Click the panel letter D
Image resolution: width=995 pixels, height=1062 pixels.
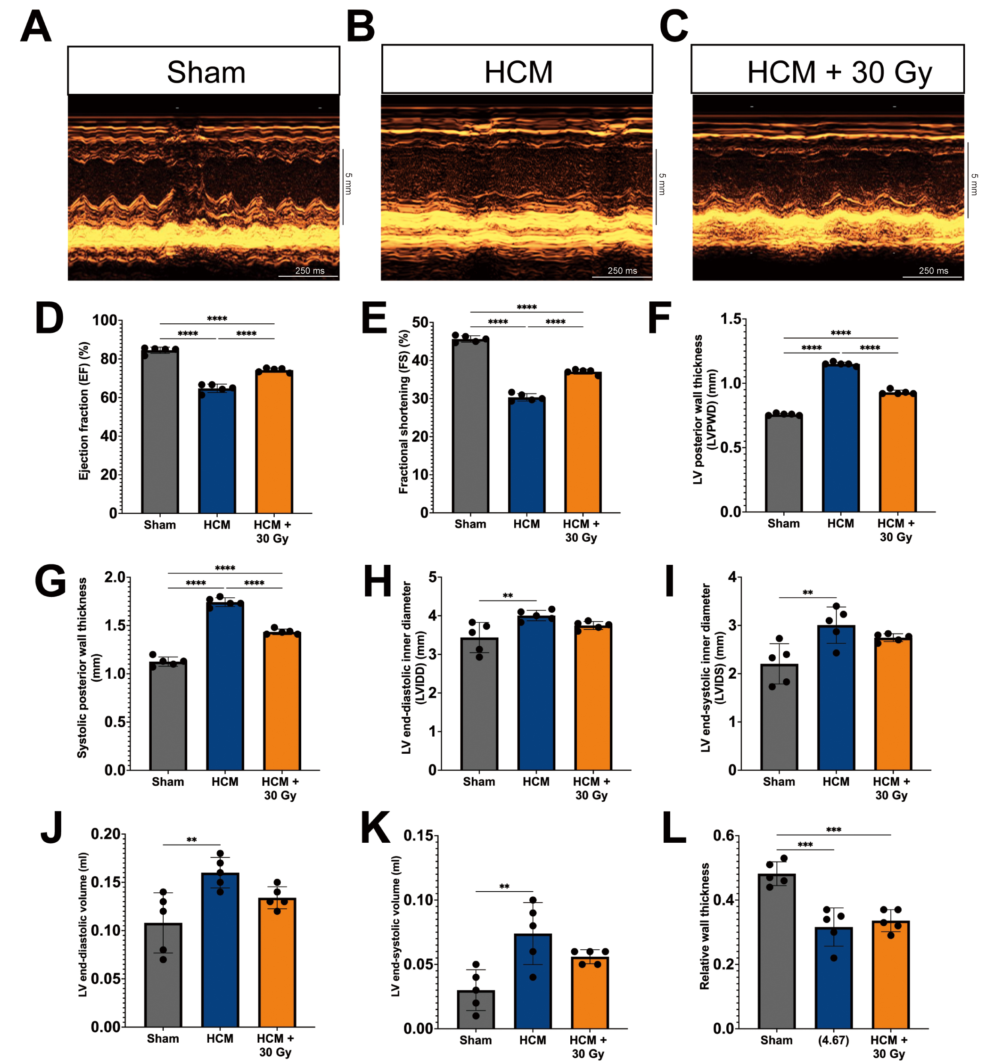(49, 319)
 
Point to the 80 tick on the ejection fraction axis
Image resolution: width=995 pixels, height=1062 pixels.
(108, 359)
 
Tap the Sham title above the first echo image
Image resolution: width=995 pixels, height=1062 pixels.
(206, 72)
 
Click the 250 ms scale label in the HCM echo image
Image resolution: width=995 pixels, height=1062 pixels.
(622, 271)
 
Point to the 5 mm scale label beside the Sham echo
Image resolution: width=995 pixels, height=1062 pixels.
(349, 183)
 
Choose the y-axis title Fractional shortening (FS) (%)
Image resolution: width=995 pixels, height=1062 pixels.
(404, 412)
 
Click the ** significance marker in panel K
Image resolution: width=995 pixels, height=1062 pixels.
(504, 887)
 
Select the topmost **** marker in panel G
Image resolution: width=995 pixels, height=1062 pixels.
(225, 568)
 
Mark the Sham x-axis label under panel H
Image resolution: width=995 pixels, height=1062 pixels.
(479, 782)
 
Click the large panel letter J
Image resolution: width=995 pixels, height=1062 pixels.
(52, 827)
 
